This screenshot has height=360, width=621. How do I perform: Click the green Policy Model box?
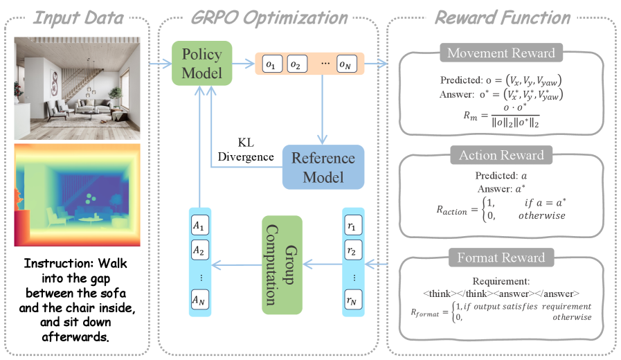201,64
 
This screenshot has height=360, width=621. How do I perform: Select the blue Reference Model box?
323,167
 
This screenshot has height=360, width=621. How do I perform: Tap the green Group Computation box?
282,265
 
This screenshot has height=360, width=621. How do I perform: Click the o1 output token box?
273,64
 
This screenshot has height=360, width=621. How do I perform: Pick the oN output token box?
347,64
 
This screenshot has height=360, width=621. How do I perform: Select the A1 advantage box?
199,226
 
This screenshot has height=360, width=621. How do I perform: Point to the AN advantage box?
199,300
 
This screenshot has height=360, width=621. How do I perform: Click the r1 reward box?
352,226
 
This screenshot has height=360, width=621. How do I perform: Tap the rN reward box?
352,300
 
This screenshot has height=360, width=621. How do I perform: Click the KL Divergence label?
246,150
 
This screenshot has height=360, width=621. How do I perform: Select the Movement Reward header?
501,53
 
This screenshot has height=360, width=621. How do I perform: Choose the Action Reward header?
501,155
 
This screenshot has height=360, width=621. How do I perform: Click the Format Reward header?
501,258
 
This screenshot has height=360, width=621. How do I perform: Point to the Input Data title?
78,18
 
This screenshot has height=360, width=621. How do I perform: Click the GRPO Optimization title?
269,18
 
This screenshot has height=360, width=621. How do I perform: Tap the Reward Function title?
503,18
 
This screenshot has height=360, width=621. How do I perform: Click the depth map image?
78,195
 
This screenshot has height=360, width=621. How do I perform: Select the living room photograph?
78,89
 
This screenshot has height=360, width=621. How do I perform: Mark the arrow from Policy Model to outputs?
243,64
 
